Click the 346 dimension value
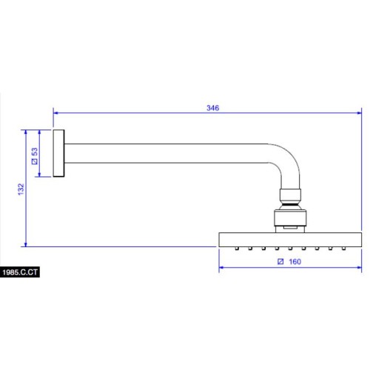pos(212,108)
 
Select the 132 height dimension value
pos(21,189)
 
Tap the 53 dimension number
pos(35,152)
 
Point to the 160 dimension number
pos(295,261)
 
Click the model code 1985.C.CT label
pos(20,272)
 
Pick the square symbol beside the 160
pos(280,261)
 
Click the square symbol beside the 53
pos(35,161)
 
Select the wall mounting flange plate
pos(58,153)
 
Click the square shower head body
pos(290,240)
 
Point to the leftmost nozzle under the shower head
pos(237,249)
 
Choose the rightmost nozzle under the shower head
pos(343,249)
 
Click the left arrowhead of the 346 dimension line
pos(55,113)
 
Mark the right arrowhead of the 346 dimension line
pos(359,113)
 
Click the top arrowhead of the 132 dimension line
pos(26,132)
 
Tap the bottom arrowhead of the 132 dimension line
pos(26,244)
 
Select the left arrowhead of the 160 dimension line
pos(221,267)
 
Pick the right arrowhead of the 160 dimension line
pos(359,267)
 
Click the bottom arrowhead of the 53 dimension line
pos(39,174)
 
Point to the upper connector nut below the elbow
pos(290,195)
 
